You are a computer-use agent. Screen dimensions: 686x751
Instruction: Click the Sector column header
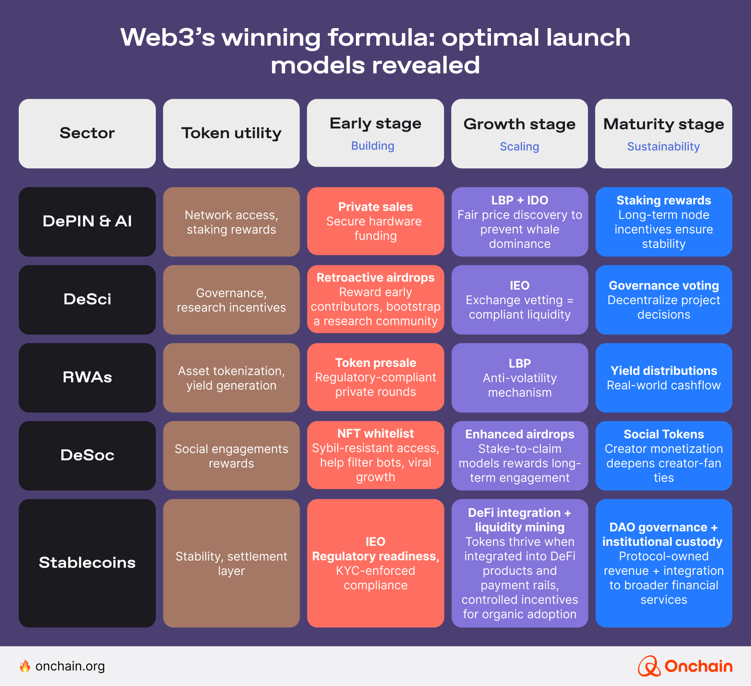(87, 133)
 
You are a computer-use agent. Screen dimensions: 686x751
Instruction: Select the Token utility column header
(231, 133)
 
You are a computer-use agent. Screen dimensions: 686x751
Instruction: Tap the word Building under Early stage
(373, 146)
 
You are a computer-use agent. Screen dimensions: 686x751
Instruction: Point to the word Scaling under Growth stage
(519, 147)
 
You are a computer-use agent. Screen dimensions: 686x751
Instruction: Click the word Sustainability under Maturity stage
(663, 147)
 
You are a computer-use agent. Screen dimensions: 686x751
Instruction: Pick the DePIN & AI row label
(87, 221)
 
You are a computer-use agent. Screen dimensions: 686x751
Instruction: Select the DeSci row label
(87, 299)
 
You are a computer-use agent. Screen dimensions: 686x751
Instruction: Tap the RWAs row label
(87, 377)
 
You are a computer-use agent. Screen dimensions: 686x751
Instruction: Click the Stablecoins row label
(87, 562)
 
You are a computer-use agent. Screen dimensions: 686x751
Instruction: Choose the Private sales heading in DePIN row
(375, 207)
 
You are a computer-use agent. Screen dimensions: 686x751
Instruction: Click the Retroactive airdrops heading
(375, 277)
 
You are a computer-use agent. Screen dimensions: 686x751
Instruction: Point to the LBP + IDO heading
(519, 200)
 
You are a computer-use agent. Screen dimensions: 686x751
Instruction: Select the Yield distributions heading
(663, 371)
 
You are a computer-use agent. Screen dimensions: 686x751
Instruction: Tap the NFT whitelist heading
(375, 433)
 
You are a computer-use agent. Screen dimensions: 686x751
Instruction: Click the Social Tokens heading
(663, 434)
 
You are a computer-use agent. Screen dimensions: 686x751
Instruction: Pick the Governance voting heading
(663, 285)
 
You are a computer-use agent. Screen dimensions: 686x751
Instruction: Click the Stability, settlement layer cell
(231, 563)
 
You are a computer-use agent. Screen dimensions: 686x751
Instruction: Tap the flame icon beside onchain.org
(25, 666)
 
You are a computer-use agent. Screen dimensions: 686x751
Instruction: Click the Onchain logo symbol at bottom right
(648, 666)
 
